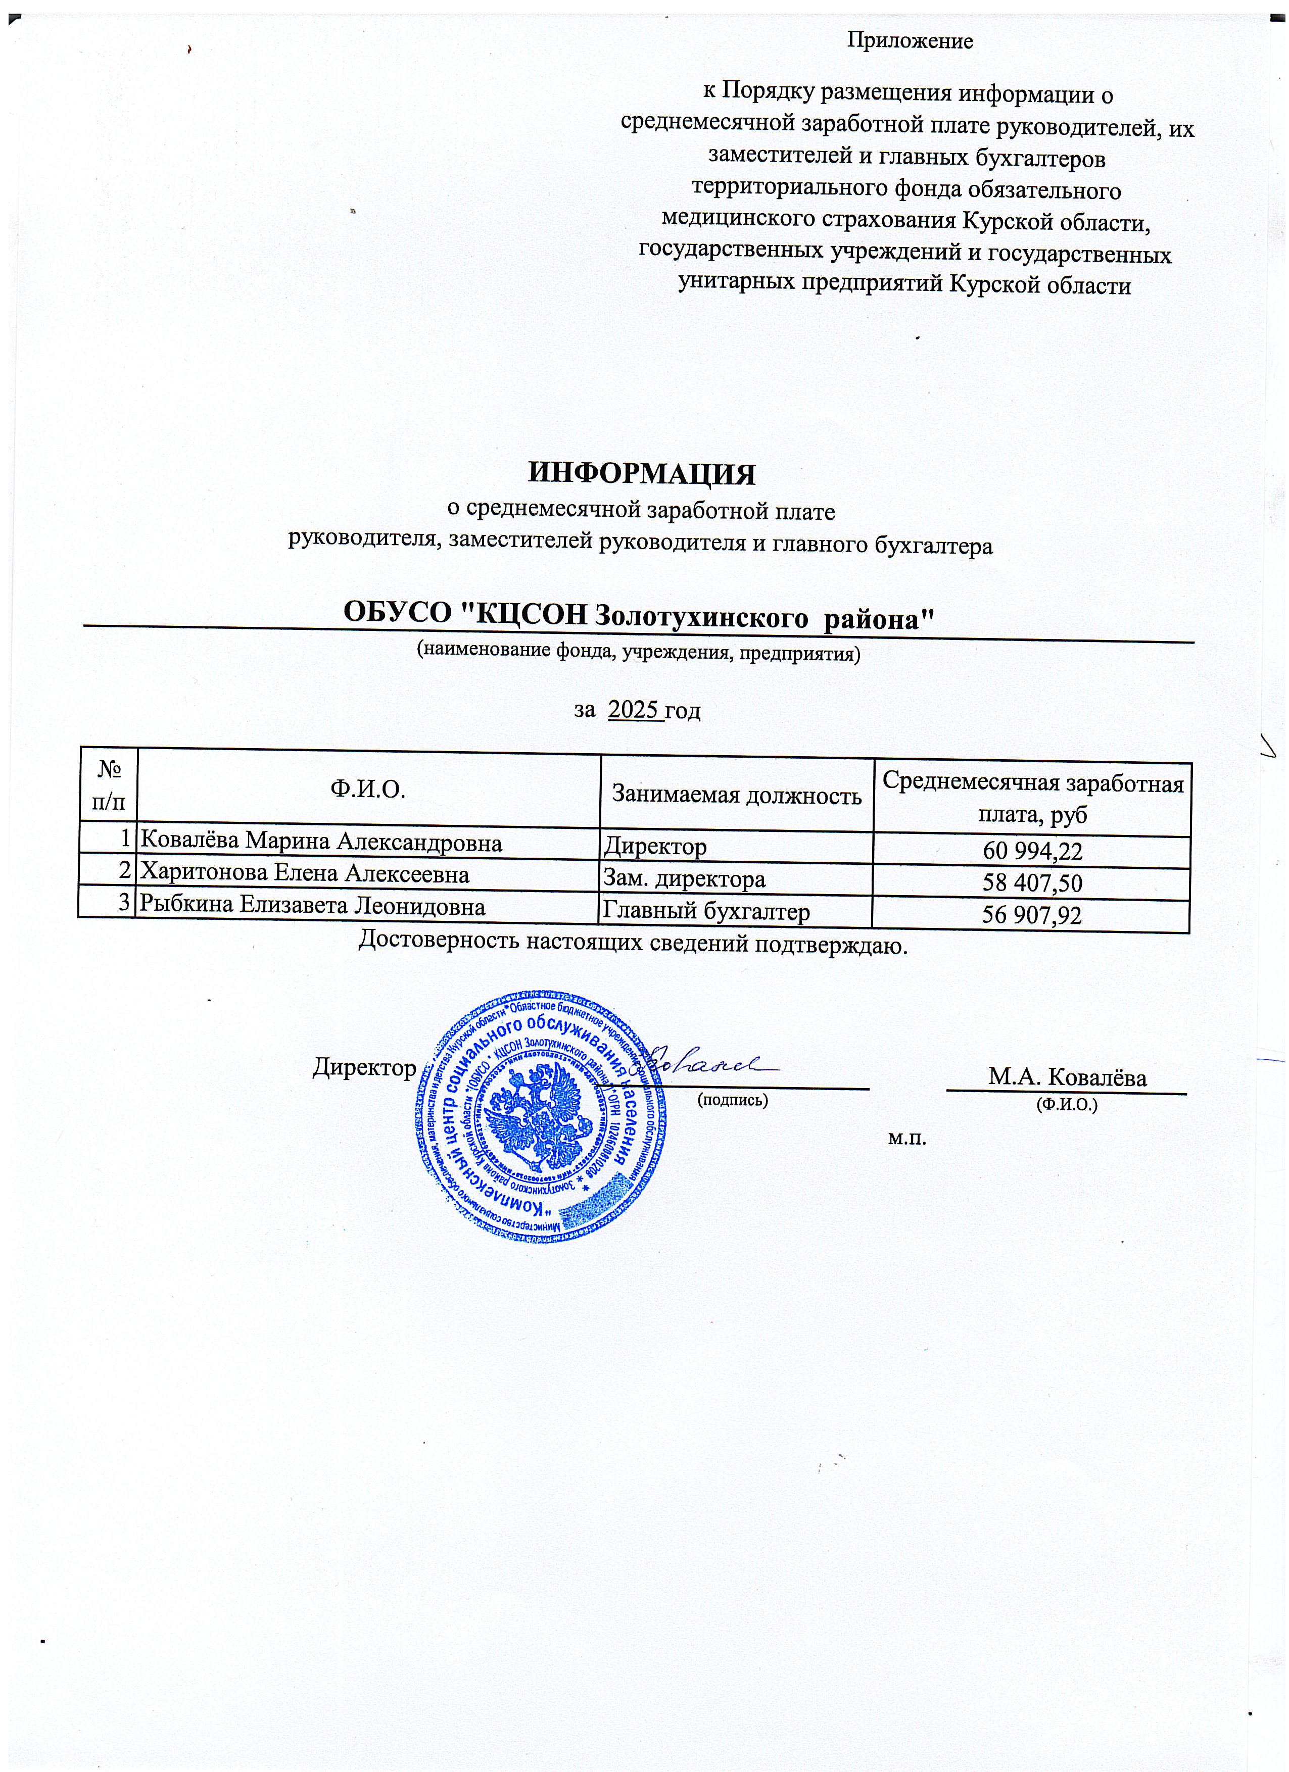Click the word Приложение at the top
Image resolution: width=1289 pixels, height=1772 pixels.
tap(910, 41)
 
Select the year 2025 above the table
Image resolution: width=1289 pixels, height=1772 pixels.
tap(635, 710)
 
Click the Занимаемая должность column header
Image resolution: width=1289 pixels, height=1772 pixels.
tap(736, 796)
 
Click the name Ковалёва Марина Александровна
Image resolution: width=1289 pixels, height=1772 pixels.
tap(320, 842)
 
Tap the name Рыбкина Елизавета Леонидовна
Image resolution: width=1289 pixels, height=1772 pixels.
tap(312, 906)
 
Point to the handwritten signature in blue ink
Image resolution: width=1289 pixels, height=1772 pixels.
tap(707, 1063)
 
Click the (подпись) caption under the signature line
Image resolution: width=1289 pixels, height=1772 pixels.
tap(732, 1101)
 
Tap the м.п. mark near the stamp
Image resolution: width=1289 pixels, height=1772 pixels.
tap(907, 1139)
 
